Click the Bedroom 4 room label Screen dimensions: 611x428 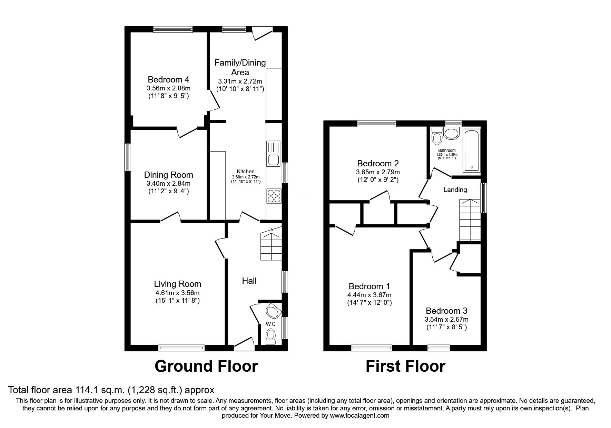pyautogui.click(x=169, y=79)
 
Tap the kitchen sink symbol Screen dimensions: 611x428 pyautogui.click(x=274, y=154)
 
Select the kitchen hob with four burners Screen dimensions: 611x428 pyautogui.click(x=274, y=197)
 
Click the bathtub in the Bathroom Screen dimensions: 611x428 pyautogui.click(x=471, y=151)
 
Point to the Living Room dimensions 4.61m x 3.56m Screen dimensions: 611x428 pyautogui.click(x=178, y=293)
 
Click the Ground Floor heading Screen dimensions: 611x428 pyautogui.click(x=206, y=366)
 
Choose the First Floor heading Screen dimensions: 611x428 pyautogui.click(x=405, y=366)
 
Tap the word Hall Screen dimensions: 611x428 pyautogui.click(x=249, y=281)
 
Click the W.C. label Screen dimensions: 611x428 pyautogui.click(x=270, y=324)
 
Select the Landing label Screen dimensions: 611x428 pyautogui.click(x=455, y=189)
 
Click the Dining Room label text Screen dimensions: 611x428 pyautogui.click(x=169, y=175)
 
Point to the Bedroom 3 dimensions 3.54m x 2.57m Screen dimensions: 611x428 pyautogui.click(x=446, y=320)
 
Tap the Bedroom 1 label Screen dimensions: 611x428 pyautogui.click(x=369, y=286)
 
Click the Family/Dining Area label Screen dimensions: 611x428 pyautogui.click(x=240, y=67)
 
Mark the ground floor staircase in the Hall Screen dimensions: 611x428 pyautogui.click(x=271, y=244)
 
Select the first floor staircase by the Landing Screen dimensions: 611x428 pyautogui.click(x=470, y=220)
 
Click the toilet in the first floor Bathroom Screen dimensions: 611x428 pyautogui.click(x=437, y=135)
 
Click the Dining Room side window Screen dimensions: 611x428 pyautogui.click(x=128, y=157)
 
